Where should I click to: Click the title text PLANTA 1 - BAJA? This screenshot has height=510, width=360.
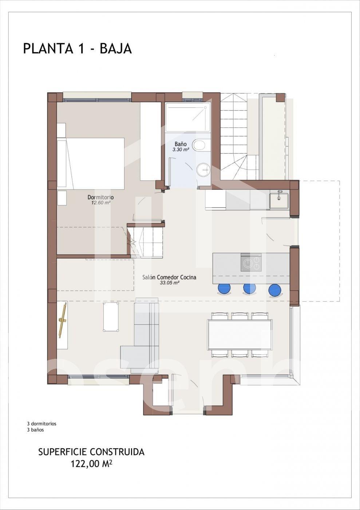click(x=78, y=49)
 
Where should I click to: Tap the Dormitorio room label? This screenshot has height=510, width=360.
click(x=100, y=197)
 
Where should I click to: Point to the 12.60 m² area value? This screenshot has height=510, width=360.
click(x=101, y=203)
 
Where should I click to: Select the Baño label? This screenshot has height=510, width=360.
click(x=181, y=144)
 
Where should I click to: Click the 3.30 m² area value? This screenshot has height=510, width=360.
click(x=181, y=150)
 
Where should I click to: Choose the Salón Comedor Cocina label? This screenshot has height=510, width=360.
click(x=169, y=278)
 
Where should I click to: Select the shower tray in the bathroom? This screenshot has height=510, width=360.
click(x=188, y=117)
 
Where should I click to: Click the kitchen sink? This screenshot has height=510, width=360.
click(x=279, y=201)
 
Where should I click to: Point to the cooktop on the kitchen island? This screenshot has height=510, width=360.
click(x=251, y=263)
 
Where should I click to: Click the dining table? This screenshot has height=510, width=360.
click(x=240, y=335)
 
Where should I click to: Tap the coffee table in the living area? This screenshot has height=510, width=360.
click(x=111, y=317)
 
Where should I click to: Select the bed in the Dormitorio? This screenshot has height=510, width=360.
click(x=91, y=163)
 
